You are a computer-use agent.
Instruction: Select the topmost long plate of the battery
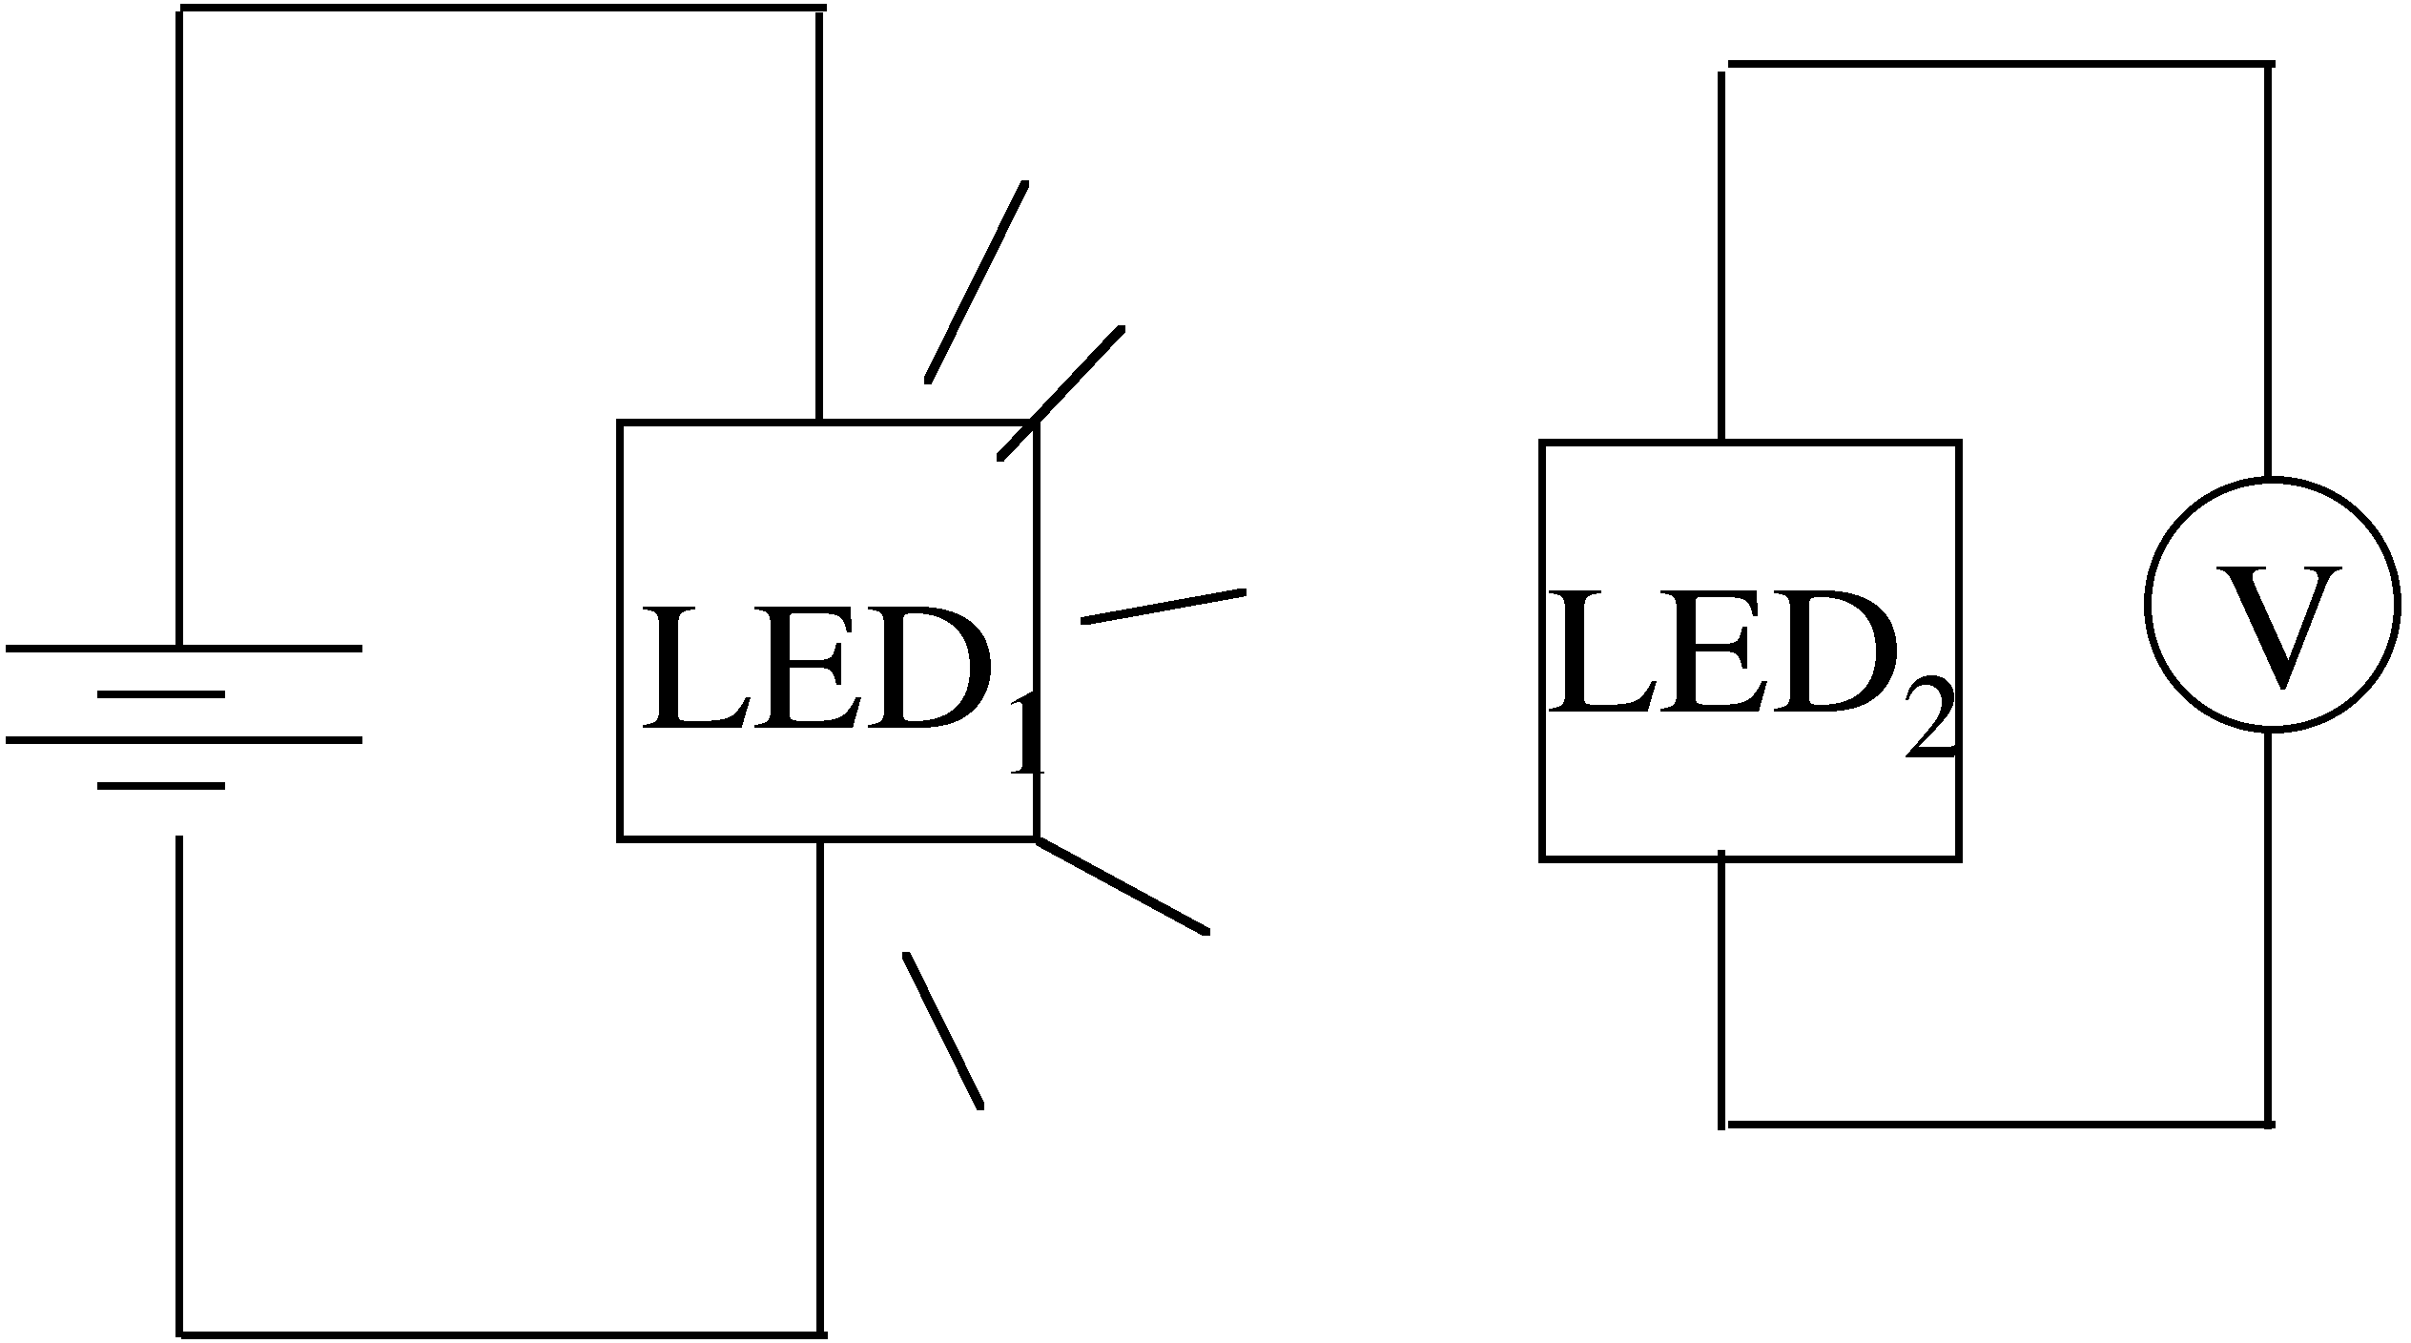tap(183, 649)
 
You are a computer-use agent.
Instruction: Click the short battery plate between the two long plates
tap(160, 694)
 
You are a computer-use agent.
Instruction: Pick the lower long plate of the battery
tap(183, 739)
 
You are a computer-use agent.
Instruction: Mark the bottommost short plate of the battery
tap(160, 786)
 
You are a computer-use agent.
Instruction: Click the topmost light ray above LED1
tap(977, 281)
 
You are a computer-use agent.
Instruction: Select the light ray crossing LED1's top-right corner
tap(1061, 393)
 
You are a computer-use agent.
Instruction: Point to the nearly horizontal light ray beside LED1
tap(1163, 608)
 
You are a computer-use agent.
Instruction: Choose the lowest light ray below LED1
tap(942, 1030)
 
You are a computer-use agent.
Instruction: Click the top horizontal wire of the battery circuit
tap(501, 10)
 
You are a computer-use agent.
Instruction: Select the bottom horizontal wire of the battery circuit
tap(501, 1332)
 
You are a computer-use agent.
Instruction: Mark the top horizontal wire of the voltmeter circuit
tap(1998, 65)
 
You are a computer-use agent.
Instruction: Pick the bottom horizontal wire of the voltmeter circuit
tap(1998, 1125)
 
